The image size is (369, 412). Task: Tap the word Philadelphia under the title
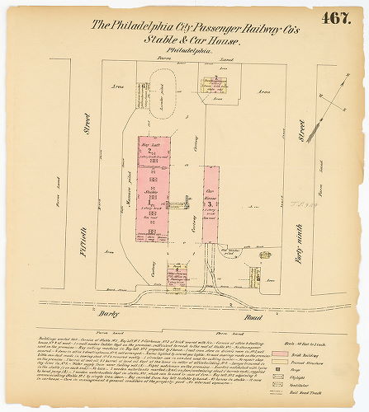188,51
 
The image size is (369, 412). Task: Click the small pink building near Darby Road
175,276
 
